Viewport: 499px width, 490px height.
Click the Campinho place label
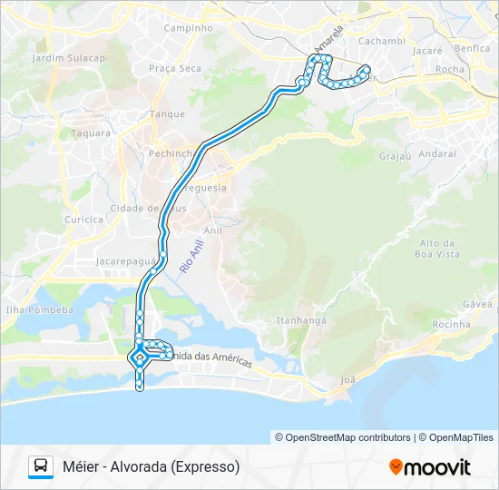click(x=188, y=27)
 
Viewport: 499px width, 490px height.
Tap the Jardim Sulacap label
click(x=68, y=57)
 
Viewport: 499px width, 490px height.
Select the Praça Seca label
click(x=174, y=68)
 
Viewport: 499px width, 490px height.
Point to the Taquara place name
click(x=90, y=132)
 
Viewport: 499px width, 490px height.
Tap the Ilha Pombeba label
click(x=39, y=309)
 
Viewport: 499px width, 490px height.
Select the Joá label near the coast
click(x=346, y=379)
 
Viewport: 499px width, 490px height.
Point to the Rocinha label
click(x=452, y=324)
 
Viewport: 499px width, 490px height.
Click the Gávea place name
click(x=477, y=304)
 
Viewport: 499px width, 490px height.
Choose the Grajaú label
click(x=395, y=156)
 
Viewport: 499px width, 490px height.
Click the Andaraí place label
click(x=437, y=153)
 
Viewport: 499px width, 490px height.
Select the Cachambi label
click(x=381, y=41)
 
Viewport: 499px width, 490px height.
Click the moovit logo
click(x=430, y=467)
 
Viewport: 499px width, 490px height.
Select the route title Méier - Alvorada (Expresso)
click(x=151, y=466)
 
